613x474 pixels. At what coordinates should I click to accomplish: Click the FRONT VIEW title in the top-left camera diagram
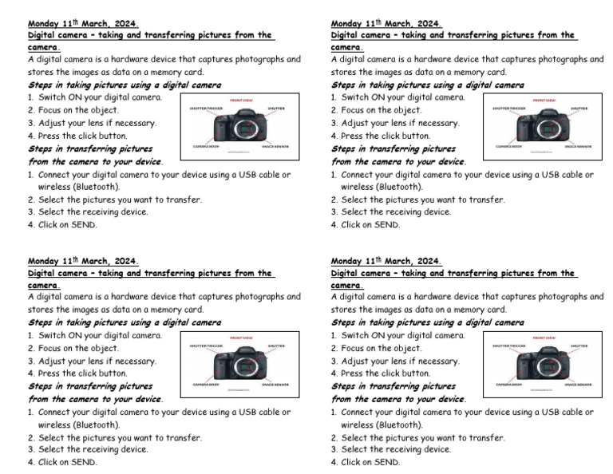242,101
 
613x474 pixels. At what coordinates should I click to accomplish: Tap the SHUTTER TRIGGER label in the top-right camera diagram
508,108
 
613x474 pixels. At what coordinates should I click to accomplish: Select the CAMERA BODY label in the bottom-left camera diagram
204,384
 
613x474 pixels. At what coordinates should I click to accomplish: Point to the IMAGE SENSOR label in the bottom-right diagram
578,384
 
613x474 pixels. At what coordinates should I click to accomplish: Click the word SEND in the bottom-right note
386,462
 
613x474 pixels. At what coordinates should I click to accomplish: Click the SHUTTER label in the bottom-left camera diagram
276,346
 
